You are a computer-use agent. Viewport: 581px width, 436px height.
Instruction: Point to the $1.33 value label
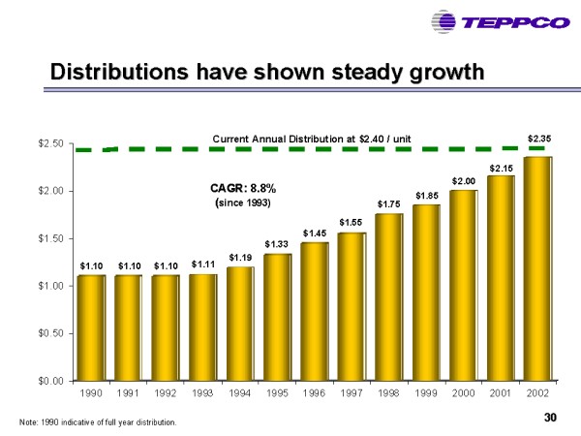click(277, 242)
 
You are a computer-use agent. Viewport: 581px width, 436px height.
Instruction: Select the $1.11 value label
click(202, 264)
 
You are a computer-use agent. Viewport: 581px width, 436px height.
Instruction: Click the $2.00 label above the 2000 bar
click(464, 181)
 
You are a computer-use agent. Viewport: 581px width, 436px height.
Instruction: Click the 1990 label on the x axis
click(90, 394)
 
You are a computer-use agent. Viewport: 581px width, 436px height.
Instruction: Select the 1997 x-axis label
click(352, 394)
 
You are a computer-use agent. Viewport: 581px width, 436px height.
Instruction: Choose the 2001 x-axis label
click(501, 394)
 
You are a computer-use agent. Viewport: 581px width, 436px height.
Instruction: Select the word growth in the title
click(443, 73)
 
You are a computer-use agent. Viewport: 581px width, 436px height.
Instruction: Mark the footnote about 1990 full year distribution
click(98, 422)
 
